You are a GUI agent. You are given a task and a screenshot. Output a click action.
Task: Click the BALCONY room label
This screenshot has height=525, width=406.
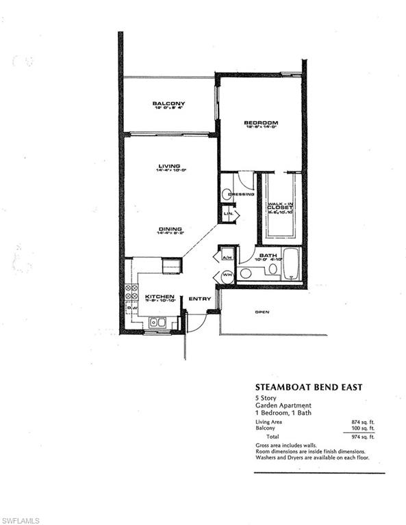pyautogui.click(x=168, y=104)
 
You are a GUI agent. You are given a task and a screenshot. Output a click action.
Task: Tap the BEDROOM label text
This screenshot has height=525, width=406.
pyautogui.click(x=260, y=123)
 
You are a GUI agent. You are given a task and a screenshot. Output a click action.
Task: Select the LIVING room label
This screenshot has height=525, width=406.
pyautogui.click(x=168, y=166)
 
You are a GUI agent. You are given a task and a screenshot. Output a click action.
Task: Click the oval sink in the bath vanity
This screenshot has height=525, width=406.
pyautogui.click(x=272, y=269)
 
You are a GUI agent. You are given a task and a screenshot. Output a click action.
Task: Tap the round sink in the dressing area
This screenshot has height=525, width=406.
pyautogui.click(x=227, y=195)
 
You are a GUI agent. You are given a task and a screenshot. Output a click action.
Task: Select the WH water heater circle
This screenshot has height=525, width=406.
pyautogui.click(x=227, y=276)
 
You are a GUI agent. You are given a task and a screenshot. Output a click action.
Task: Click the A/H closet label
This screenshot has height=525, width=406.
pyautogui.click(x=227, y=257)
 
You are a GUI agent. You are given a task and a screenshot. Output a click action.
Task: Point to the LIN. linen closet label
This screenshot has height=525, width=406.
pyautogui.click(x=229, y=215)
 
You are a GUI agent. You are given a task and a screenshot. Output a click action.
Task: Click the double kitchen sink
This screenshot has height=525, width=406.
pyautogui.click(x=157, y=322)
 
